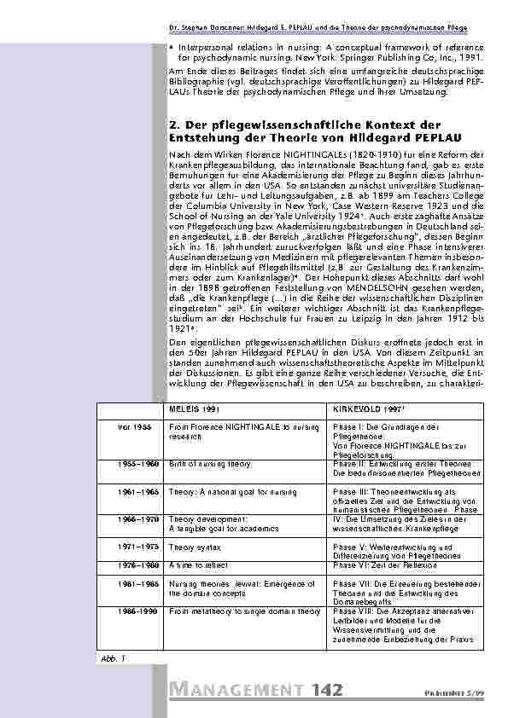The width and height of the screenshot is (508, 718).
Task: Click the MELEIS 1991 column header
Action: click(193, 408)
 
